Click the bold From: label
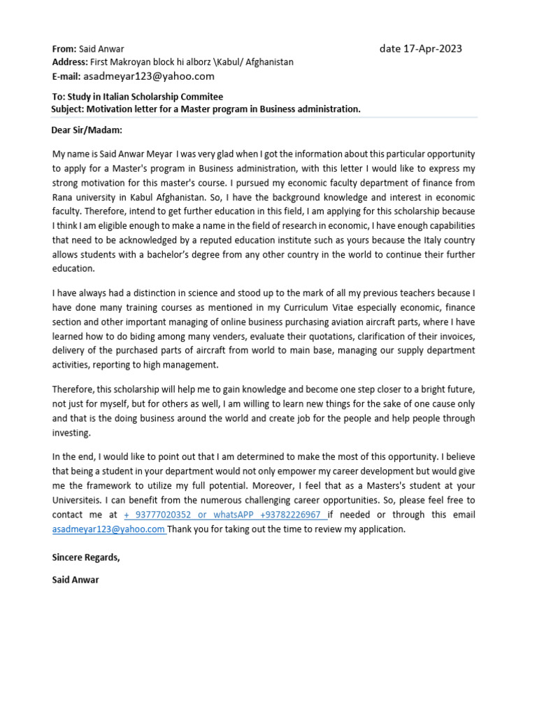pyautogui.click(x=64, y=49)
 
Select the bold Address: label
pyautogui.click(x=70, y=62)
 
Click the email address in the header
pyautogui.click(x=149, y=76)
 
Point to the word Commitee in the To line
pyautogui.click(x=201, y=97)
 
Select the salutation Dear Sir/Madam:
pyautogui.click(x=87, y=130)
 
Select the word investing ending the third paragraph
pyautogui.click(x=71, y=433)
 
